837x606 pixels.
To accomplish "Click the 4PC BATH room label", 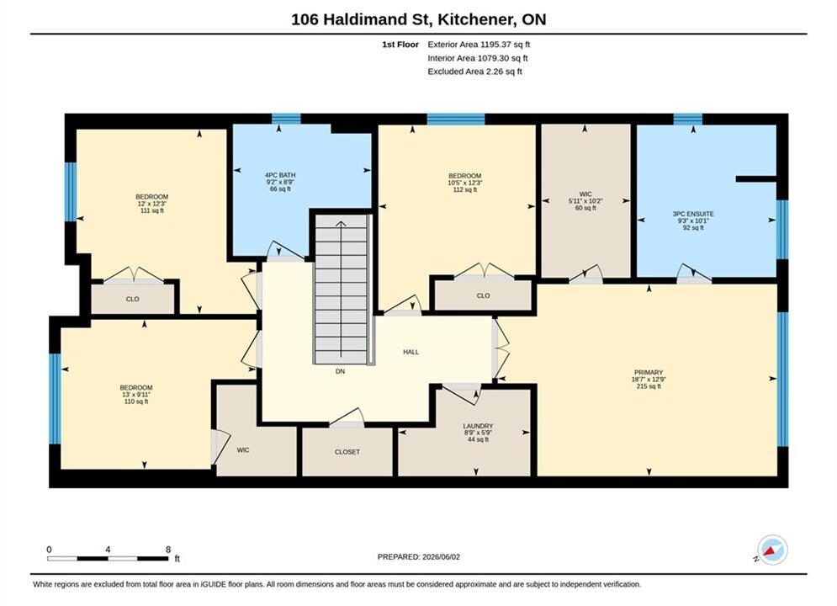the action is coord(280,175).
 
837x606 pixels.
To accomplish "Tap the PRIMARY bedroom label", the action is coord(649,372).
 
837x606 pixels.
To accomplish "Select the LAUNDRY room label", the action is coord(478,426).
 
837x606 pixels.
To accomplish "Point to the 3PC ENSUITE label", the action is coord(693,214).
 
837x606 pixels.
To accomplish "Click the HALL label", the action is coord(411,352).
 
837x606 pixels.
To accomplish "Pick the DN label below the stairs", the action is coord(340,371).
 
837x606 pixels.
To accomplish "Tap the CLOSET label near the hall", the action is coord(347,452).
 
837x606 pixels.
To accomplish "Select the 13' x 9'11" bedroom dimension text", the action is coord(136,395).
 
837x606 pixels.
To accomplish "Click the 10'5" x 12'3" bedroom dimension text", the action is coord(465,183).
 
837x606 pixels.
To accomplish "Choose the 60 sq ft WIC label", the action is coord(585,208).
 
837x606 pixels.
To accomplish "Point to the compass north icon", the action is coord(772,550).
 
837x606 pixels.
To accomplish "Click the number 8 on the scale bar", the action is coord(168,550).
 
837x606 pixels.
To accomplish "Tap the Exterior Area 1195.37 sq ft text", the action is coord(479,45).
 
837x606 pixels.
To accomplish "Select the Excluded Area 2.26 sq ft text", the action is coord(474,72).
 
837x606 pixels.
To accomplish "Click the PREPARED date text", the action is coord(419,557).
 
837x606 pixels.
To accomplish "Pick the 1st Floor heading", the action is coord(400,45).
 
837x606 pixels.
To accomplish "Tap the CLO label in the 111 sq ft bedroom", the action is coord(132,299).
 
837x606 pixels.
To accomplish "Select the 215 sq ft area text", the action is coord(649,386).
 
